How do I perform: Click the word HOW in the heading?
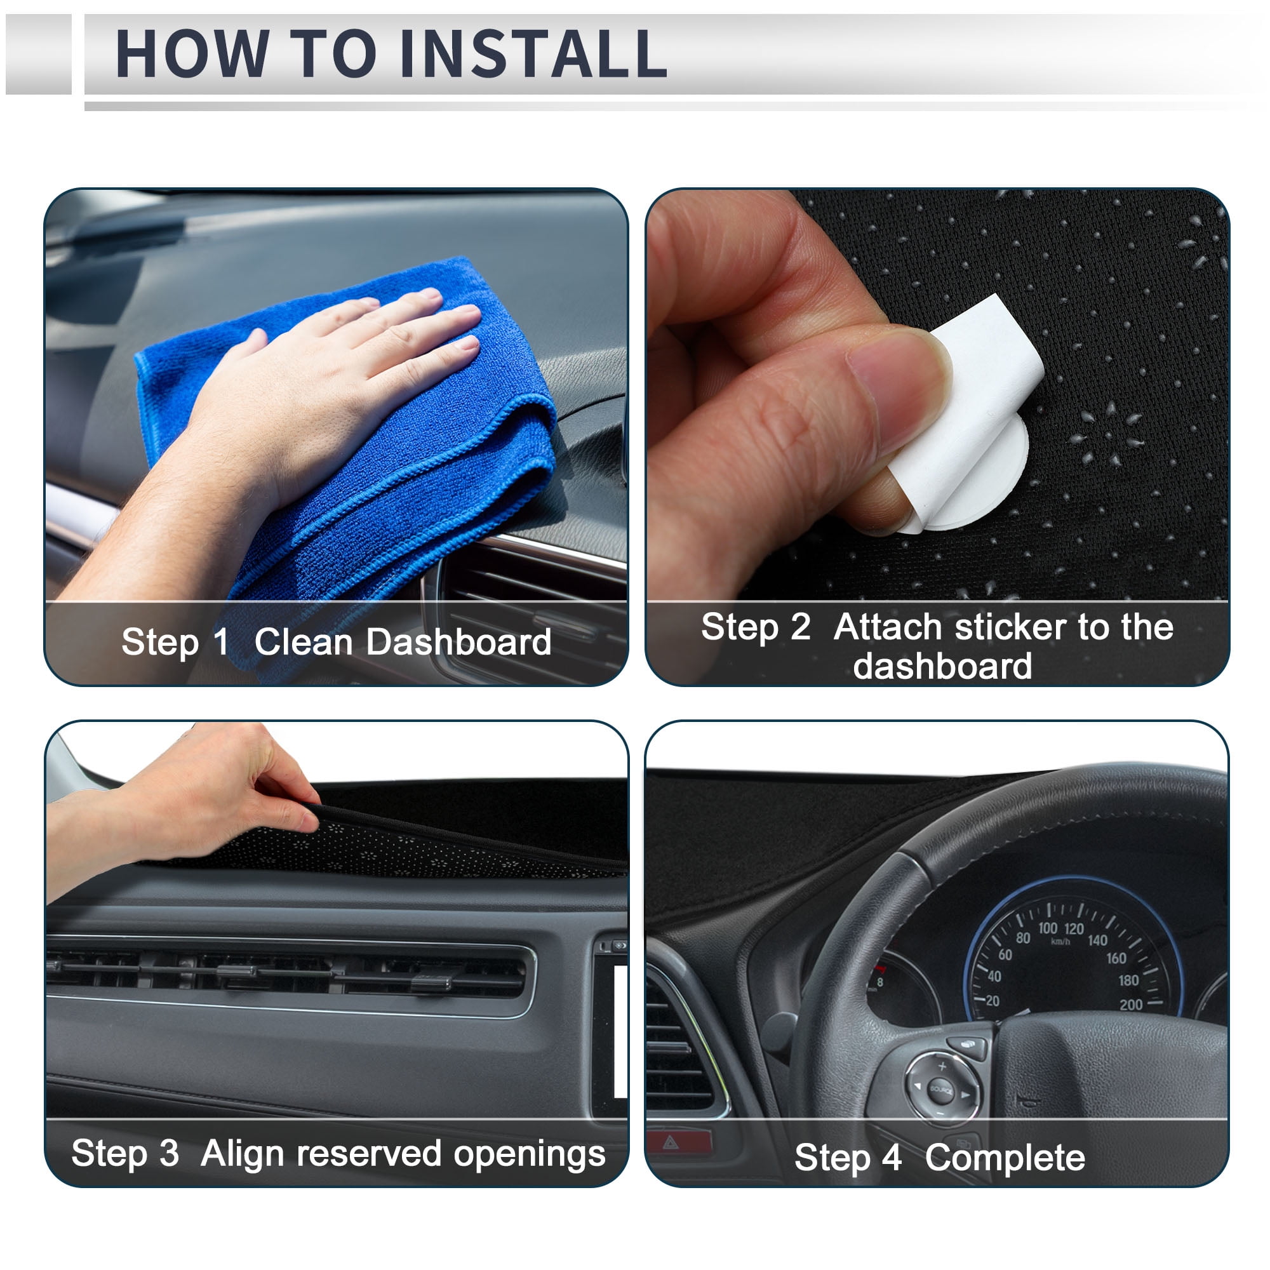coord(192,53)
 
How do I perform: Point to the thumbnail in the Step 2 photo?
coord(897,388)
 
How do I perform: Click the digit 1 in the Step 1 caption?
coord(220,641)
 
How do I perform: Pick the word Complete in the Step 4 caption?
coord(1005,1158)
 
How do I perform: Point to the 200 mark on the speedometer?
coord(1131,1005)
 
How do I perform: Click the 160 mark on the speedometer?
coord(1116,958)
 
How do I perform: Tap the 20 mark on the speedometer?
coord(992,1001)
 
